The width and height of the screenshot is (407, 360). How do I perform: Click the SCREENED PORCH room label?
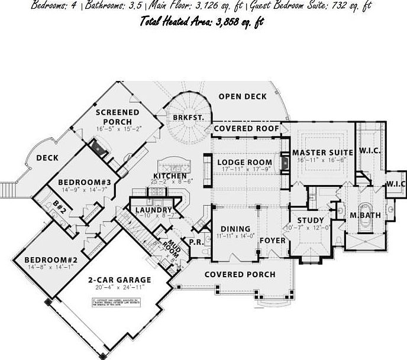pos(118,117)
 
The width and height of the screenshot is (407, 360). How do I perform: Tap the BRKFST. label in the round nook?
pos(188,118)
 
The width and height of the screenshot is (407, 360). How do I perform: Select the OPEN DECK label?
pos(243,96)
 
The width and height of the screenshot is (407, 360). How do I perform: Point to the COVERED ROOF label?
pos(246,128)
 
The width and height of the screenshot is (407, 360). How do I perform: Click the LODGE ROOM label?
pos(244,162)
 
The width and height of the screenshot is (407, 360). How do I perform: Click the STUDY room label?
pos(310,220)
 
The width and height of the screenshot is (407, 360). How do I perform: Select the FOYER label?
pos(272,241)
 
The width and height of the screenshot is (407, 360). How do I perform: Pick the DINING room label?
pos(235,229)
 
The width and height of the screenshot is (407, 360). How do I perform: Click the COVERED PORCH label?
pos(240,274)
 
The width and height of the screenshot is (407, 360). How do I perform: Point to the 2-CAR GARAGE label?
pos(119,280)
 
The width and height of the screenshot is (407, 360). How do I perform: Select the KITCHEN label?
pos(170,176)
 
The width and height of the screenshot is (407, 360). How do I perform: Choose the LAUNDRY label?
pos(153,210)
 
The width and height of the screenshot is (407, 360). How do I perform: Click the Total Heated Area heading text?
pos(202,22)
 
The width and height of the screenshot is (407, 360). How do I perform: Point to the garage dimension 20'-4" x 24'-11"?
pos(119,288)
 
